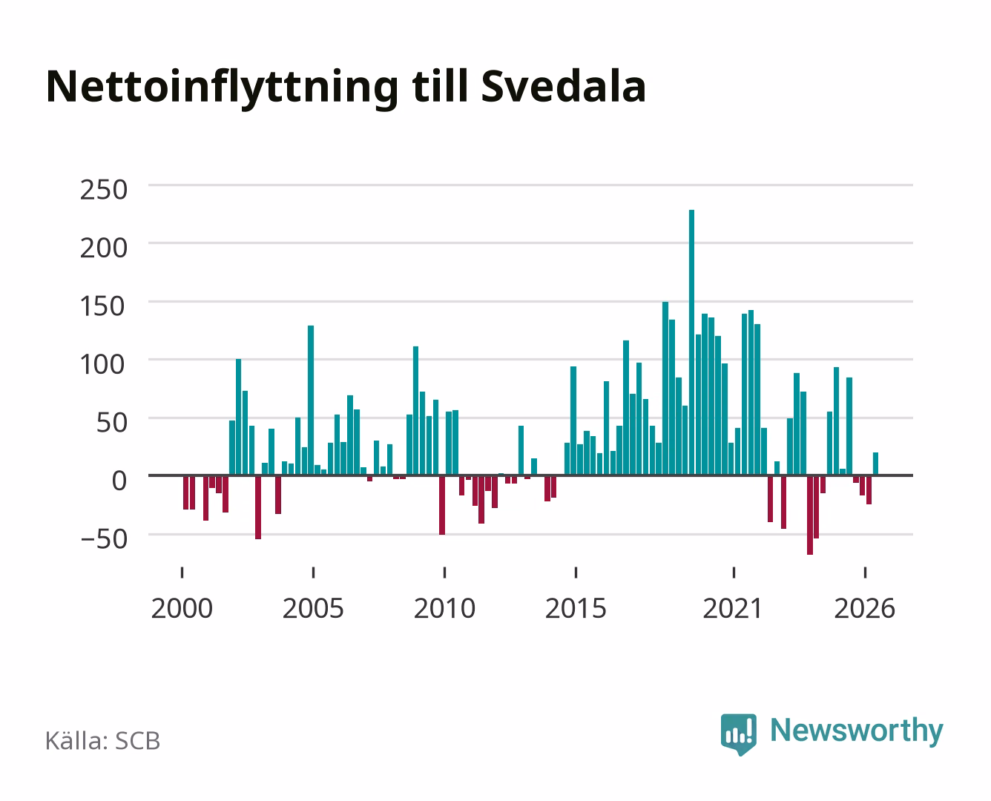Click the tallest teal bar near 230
coord(691,343)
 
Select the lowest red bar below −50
coord(810,515)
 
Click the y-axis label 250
coord(104,190)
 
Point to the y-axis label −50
coord(104,540)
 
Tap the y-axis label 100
coord(103,365)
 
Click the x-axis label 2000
coord(182,608)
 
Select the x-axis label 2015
coord(576,608)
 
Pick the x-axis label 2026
coord(865,608)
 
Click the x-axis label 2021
coord(734,608)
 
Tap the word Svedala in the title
coord(564,87)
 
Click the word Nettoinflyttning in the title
coord(223,88)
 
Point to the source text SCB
coord(138,741)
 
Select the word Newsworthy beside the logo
coord(857,731)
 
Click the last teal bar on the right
coord(875,464)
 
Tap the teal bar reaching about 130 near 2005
coord(311,400)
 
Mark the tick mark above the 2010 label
coord(445,573)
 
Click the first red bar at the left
coord(186,492)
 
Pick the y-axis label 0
coord(119,481)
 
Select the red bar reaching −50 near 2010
coord(442,505)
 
